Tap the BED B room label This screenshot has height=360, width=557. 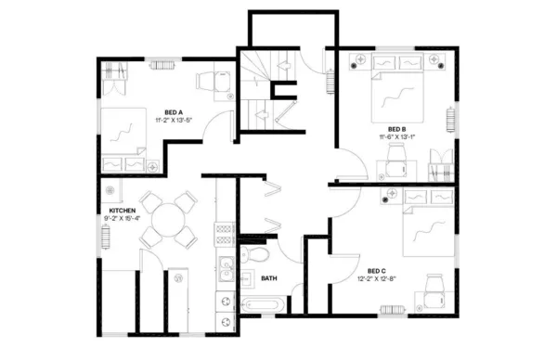coord(397,128)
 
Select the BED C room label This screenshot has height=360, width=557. coord(377,270)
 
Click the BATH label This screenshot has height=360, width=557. coord(269,277)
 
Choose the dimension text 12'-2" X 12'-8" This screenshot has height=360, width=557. coord(377,278)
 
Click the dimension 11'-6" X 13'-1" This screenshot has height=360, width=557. coord(397,136)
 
